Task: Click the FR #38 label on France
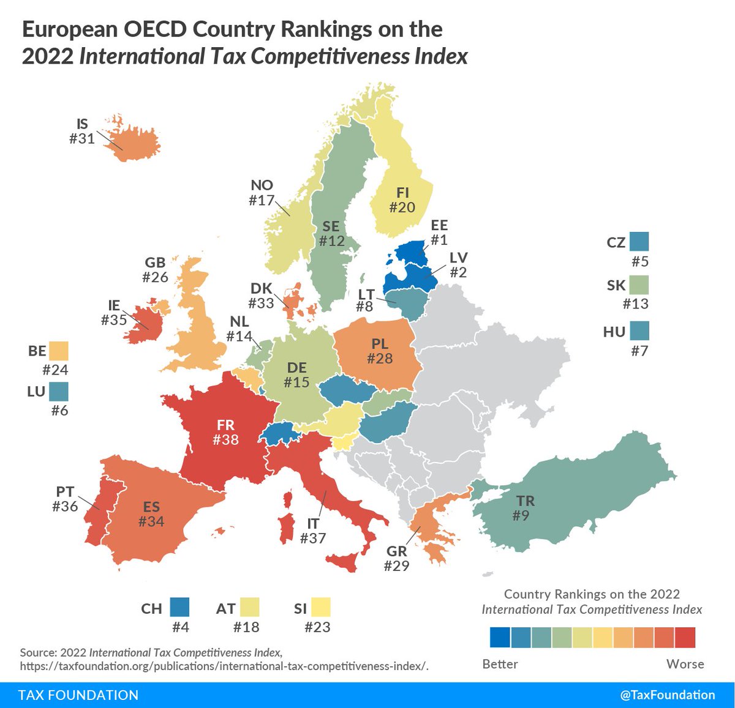coord(225,432)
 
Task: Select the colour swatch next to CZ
coord(638,242)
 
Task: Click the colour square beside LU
coord(59,391)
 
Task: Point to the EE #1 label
coord(439,233)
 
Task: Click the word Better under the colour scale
coord(500,664)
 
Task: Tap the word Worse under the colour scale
coord(685,664)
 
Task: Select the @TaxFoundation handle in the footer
coord(667,695)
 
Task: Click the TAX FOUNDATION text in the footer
coord(78,695)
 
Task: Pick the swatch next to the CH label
coord(180,607)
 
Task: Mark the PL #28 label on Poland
coord(380,351)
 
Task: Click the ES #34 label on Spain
coord(151,514)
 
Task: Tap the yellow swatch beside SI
coord(320,607)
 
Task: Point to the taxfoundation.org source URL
coord(224,666)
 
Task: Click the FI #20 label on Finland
coord(402,200)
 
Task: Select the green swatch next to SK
coord(638,285)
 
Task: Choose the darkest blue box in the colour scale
coord(500,638)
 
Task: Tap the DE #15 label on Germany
coord(297,375)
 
